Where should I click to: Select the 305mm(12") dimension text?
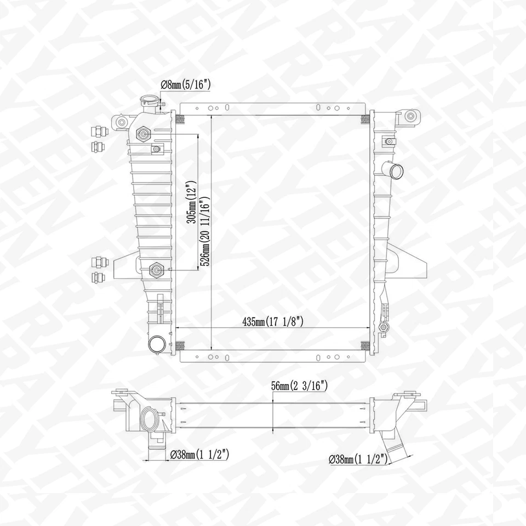[191, 202]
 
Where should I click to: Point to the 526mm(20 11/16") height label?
[204, 230]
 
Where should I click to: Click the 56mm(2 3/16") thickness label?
[299, 386]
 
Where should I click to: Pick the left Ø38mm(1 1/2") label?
[199, 454]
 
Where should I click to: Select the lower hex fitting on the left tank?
[157, 270]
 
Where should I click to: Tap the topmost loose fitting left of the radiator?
[99, 131]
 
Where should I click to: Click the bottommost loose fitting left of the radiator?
[99, 276]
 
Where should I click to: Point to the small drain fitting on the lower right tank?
[384, 327]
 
